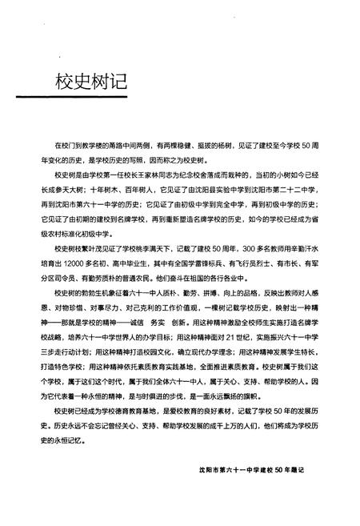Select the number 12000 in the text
click(79, 260)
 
